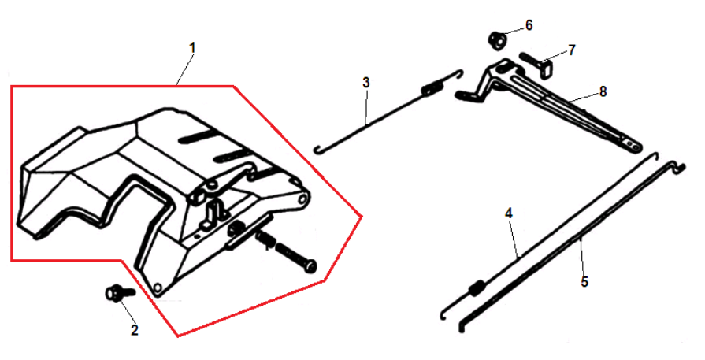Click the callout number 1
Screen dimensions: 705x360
pyautogui.click(x=192, y=48)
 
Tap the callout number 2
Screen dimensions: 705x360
pyautogui.click(x=135, y=331)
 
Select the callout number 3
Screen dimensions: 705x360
pyautogui.click(x=366, y=83)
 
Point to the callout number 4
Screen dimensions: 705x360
pyautogui.click(x=509, y=213)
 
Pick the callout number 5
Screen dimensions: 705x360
pyautogui.click(x=584, y=282)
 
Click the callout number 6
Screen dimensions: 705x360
pyautogui.click(x=529, y=26)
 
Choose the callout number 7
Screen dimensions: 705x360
pyautogui.click(x=571, y=50)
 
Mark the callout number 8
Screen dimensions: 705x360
pyautogui.click(x=603, y=91)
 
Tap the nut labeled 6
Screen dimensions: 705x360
pyautogui.click(x=497, y=40)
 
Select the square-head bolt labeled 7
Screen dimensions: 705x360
pyautogui.click(x=538, y=65)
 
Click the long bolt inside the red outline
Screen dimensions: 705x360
pyautogui.click(x=295, y=258)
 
